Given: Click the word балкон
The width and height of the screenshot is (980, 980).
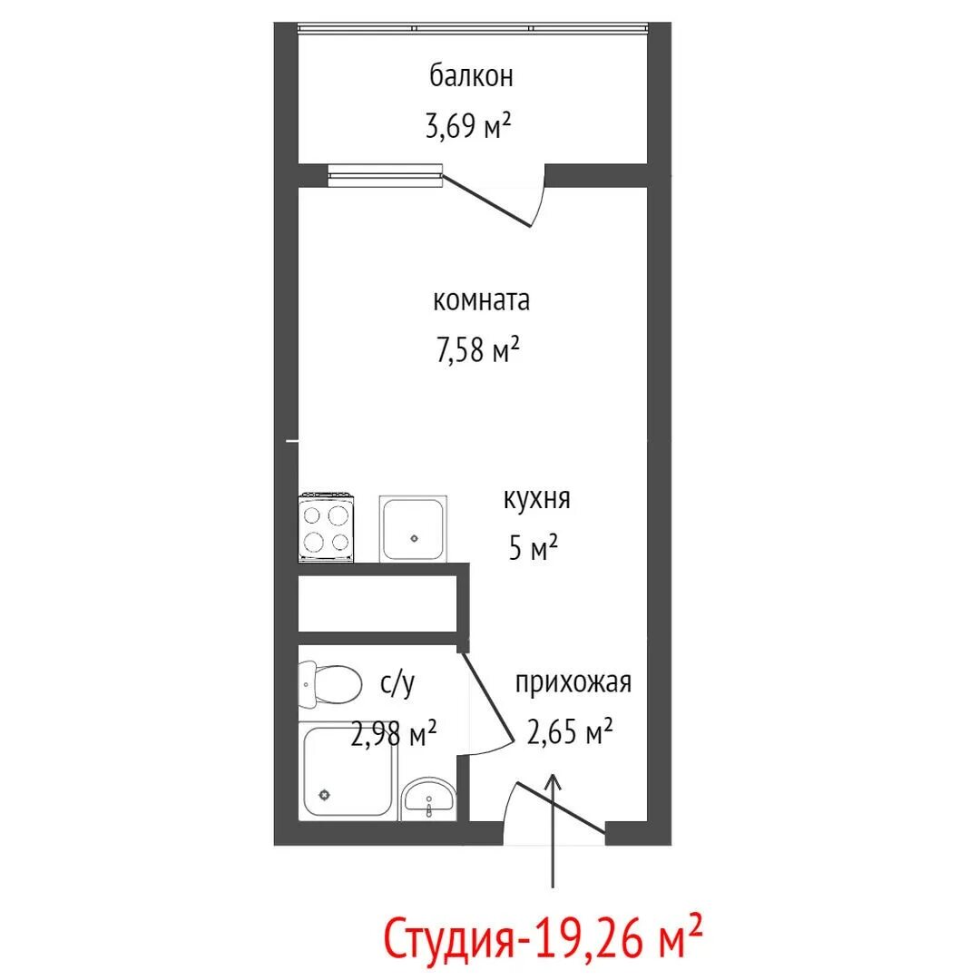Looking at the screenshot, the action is click(471, 76).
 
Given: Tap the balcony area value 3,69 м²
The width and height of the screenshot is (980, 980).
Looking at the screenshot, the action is click(468, 125).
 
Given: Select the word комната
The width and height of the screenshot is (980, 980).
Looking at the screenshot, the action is click(481, 300).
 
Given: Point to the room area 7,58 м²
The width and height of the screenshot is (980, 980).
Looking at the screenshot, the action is click(478, 349).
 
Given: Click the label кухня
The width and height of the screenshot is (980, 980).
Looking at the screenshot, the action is click(537, 500).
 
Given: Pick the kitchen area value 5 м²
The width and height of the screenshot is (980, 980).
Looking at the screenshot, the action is click(534, 548).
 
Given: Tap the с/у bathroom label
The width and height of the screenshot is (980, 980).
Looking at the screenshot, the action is click(397, 684).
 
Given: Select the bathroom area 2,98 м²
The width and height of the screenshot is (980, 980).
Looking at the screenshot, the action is click(394, 734).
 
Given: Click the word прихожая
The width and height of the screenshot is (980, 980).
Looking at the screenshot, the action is click(573, 683).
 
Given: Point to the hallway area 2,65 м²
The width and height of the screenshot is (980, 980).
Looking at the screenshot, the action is click(569, 731).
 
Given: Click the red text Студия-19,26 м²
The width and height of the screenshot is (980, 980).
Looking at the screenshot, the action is click(543, 936).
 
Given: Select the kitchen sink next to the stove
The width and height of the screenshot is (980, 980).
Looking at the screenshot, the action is click(413, 529).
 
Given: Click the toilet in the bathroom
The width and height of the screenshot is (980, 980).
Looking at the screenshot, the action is click(330, 685).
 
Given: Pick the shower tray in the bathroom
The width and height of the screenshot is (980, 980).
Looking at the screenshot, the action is click(348, 771).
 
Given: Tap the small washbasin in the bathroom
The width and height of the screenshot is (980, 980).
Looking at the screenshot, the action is click(428, 799).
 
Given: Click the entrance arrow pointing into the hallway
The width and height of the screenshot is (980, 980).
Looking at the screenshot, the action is click(553, 830).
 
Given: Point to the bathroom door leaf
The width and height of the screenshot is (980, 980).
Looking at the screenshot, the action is click(488, 696).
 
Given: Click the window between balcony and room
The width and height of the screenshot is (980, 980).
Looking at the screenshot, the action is click(385, 176).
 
